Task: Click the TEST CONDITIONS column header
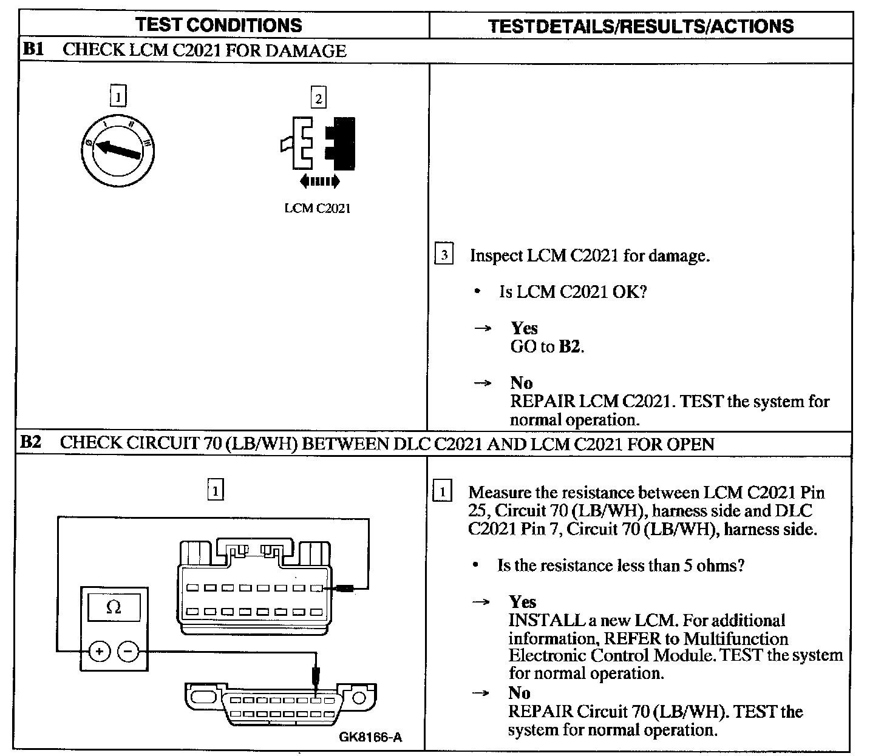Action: [x=219, y=25]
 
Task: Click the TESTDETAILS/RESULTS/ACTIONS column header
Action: [x=641, y=26]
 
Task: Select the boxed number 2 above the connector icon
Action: [x=318, y=98]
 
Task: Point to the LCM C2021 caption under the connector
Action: [x=318, y=208]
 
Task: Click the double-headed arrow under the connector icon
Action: [x=319, y=181]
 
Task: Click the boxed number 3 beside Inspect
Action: [x=444, y=255]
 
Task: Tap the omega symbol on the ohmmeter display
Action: [x=114, y=607]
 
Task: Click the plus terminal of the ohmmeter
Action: [x=99, y=652]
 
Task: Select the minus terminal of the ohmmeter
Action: [x=128, y=652]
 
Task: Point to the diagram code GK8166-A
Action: [x=370, y=737]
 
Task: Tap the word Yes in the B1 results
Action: [x=524, y=328]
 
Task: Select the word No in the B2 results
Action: [x=519, y=693]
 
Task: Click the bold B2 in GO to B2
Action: [x=570, y=347]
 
